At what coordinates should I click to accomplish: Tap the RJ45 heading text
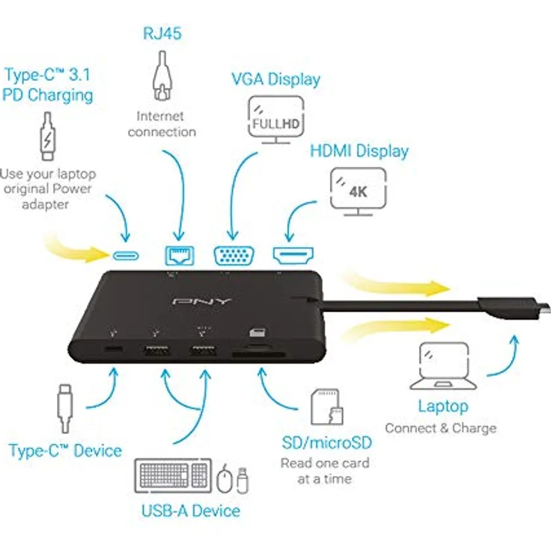coord(162,34)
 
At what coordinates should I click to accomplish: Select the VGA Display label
coord(275,79)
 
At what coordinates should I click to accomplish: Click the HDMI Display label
coord(359,150)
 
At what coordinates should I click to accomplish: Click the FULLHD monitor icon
coord(275,120)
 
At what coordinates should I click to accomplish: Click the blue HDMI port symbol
coord(291,255)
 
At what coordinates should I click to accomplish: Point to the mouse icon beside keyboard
coord(225,478)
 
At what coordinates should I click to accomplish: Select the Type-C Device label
coord(65,451)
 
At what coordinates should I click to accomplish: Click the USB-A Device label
coord(191,511)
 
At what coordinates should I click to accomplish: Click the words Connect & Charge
coord(440,428)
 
